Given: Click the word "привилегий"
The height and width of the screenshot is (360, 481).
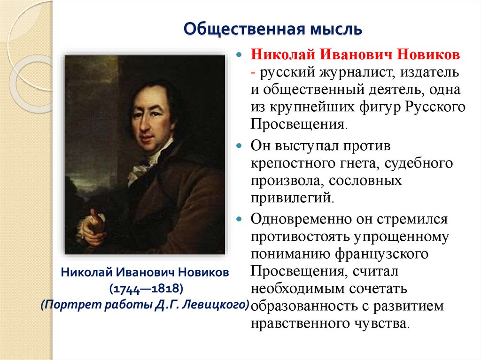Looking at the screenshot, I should tap(291, 198).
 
